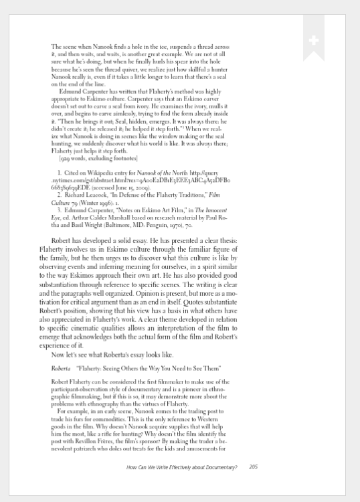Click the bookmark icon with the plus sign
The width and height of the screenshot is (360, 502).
pyautogui.click(x=314, y=41)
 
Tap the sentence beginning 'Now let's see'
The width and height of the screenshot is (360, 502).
pyautogui.click(x=122, y=355)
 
